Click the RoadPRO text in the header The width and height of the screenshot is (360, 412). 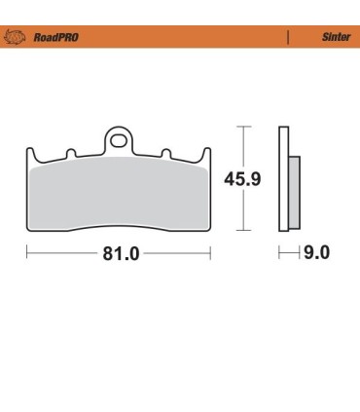(x=55, y=38)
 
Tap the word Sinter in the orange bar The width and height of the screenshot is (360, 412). (x=333, y=38)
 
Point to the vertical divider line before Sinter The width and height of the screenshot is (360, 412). (x=288, y=38)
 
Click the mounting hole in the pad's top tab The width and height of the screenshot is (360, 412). (x=118, y=140)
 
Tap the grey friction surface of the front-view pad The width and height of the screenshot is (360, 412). (x=118, y=195)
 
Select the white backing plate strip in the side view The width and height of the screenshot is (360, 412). (x=282, y=180)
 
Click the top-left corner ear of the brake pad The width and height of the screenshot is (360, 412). (x=29, y=154)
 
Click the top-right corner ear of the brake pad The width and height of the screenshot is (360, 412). (x=205, y=154)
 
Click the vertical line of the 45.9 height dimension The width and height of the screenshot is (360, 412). (x=245, y=205)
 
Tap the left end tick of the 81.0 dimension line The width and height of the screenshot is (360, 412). (x=26, y=254)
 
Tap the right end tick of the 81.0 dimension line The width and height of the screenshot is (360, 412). (x=209, y=254)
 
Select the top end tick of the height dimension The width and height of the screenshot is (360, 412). (x=245, y=127)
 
